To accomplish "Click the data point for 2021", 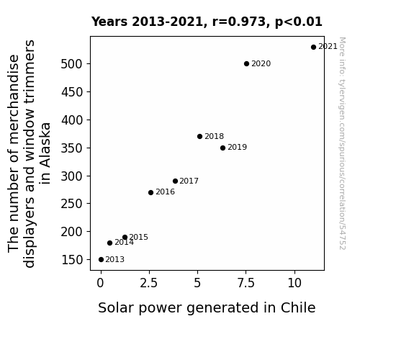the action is (x=313, y=48).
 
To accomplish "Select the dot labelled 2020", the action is (x=247, y=63).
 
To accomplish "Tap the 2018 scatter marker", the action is (x=200, y=137).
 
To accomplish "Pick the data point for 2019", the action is (x=223, y=148).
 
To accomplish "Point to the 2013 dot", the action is (x=101, y=260).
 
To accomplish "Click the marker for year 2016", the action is (x=150, y=192).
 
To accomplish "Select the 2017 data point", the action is (x=175, y=181).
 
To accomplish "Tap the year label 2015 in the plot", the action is (x=139, y=237).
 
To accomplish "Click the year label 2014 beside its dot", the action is (x=124, y=242).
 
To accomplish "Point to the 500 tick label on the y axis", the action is (x=72, y=64).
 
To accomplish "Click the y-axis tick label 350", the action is (x=72, y=148).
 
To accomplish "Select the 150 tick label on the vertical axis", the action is (x=72, y=260).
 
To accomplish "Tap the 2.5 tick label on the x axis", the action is (x=148, y=284).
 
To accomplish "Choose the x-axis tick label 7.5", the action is (x=246, y=284).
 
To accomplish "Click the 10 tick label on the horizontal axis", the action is (x=294, y=284).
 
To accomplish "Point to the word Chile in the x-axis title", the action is (x=298, y=307).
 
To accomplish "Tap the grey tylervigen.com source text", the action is (x=342, y=143).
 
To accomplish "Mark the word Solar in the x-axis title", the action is (x=114, y=307).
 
